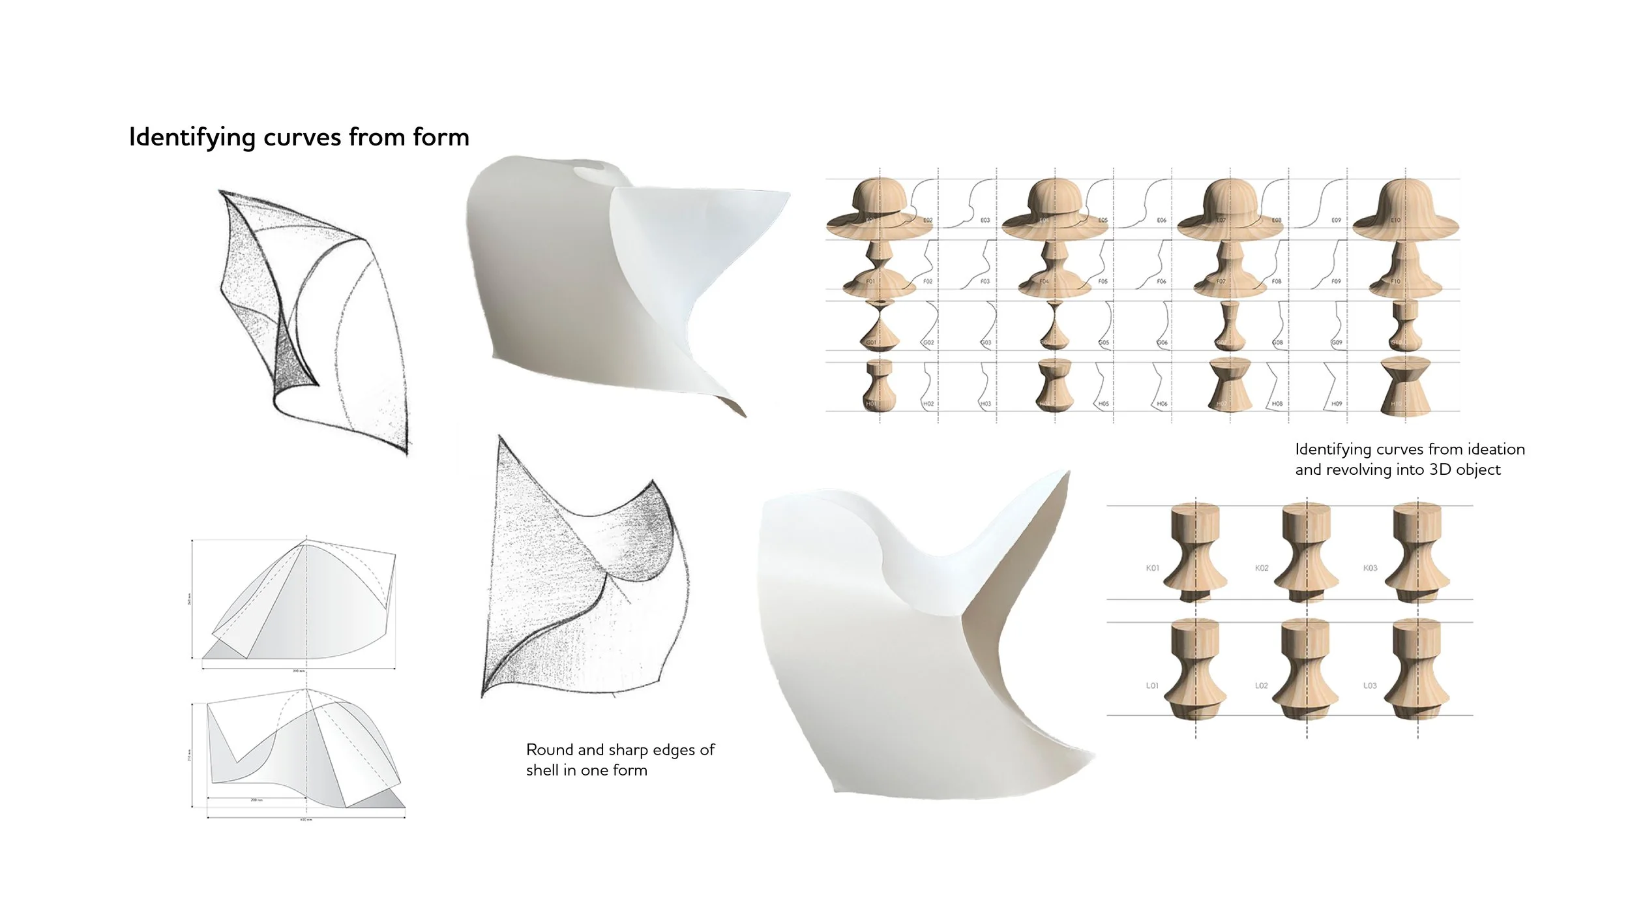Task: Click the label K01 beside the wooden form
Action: pos(1153,568)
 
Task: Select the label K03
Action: pos(1371,568)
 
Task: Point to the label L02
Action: pos(1262,685)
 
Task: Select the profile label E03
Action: pos(985,220)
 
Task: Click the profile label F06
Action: pos(1161,282)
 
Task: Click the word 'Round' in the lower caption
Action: pos(550,750)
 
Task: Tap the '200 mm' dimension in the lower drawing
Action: pos(256,800)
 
